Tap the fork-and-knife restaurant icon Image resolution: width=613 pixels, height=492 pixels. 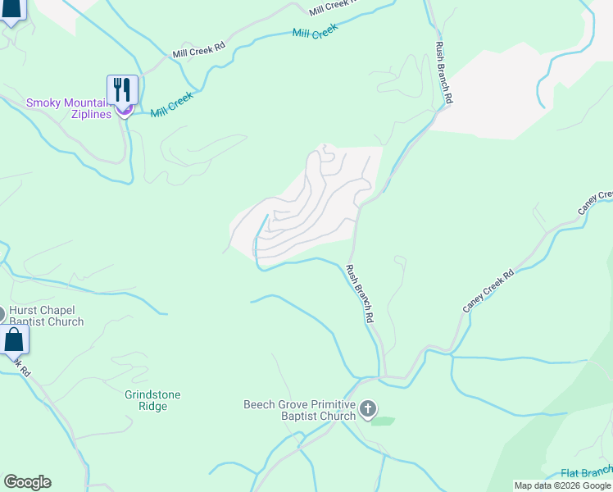122,89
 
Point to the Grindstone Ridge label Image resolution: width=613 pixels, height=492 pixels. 152,401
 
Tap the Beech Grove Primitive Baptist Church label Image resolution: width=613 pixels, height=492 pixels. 300,410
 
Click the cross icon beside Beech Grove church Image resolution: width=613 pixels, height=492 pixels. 368,408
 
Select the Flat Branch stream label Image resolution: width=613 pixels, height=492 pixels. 587,472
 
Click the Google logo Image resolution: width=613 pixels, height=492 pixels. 27,482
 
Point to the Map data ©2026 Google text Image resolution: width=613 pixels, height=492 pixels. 562,485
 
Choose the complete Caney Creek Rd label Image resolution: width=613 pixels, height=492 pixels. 488,291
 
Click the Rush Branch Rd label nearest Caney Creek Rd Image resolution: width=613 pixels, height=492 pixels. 360,294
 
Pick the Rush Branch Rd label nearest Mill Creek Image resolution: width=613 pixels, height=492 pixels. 443,72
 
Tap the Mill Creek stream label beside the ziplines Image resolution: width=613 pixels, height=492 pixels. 171,103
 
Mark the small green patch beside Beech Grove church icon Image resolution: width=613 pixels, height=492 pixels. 382,421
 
